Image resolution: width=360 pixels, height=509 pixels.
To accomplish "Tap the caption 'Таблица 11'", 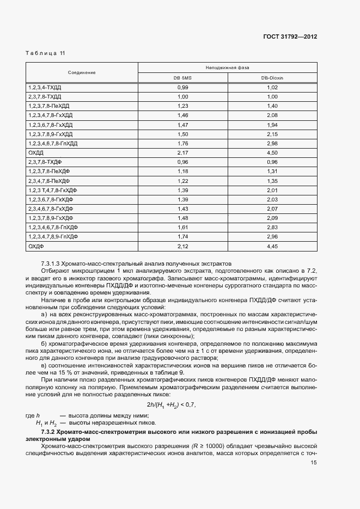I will [x=45, y=53].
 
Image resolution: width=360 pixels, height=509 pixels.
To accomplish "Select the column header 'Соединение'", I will [x=82, y=72].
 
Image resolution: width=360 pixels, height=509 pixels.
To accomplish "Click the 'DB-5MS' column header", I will [x=182, y=78].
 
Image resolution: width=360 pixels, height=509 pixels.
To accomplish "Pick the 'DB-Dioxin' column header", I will [x=272, y=78].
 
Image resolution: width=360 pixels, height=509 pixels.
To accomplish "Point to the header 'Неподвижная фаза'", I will [x=227, y=68].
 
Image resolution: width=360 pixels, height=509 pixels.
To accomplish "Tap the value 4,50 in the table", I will [x=272, y=152].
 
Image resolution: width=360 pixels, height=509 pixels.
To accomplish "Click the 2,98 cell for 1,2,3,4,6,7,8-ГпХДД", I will [x=272, y=143].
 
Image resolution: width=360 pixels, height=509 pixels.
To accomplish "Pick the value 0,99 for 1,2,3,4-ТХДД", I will [x=182, y=87].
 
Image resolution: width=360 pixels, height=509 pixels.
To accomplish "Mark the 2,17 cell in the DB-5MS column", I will [x=182, y=152].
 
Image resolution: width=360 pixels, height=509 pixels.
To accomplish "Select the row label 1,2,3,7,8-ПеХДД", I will [x=48, y=106].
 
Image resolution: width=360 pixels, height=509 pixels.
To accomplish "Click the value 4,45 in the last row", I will [x=272, y=247].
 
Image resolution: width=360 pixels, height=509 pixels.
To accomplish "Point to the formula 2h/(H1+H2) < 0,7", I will [x=171, y=404].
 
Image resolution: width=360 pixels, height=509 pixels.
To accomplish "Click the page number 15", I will [x=314, y=462].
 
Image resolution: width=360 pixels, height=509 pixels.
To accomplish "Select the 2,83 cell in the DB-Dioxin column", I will [x=272, y=228].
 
